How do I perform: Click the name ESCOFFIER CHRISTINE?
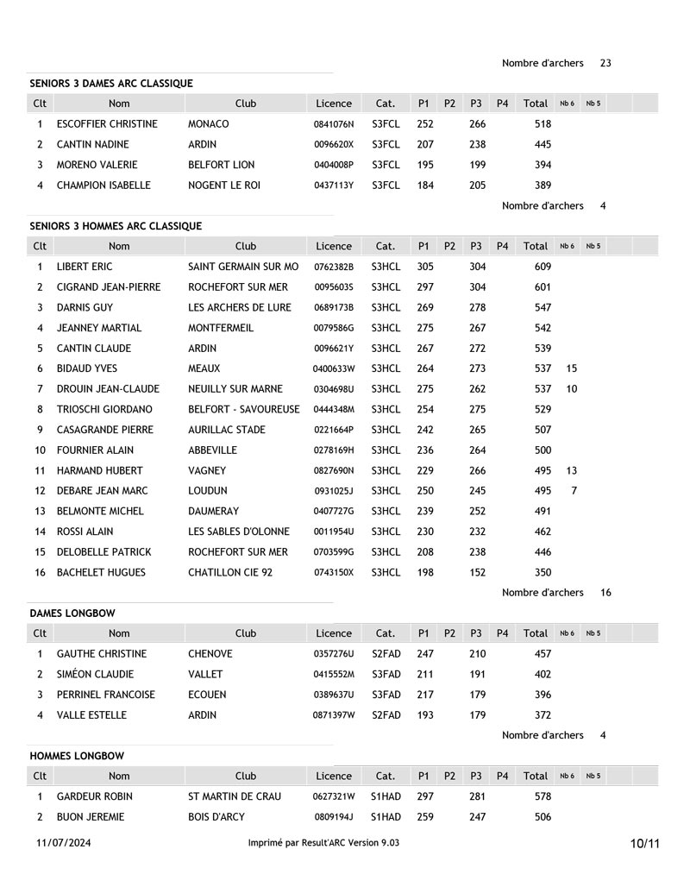point(107,124)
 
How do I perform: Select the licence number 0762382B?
point(334,267)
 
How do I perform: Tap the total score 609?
point(543,267)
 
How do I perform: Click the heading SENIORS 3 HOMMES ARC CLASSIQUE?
point(116,226)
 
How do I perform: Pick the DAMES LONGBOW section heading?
point(72,613)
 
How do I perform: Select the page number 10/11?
point(644,843)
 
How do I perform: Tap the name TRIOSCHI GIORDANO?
point(104,410)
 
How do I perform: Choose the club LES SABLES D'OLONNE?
point(239,532)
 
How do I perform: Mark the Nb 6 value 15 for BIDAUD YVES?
point(572,369)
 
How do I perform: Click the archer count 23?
point(605,63)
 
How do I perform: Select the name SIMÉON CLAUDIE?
point(95,675)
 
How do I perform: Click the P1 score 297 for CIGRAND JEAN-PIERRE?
point(425,287)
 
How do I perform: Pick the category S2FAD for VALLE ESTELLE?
point(386,715)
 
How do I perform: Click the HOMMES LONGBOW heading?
point(77,756)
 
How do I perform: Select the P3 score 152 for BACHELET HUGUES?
point(477,573)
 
